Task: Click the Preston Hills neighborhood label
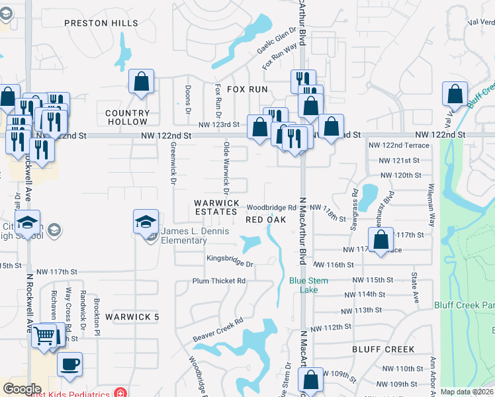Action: (111, 23)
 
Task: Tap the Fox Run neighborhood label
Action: (247, 89)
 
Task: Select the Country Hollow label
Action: (127, 118)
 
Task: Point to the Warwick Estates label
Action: (215, 207)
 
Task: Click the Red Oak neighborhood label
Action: (269, 220)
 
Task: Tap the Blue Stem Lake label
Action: (308, 285)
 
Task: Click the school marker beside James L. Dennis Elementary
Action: (146, 222)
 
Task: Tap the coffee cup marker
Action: (69, 363)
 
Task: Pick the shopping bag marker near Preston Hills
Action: (142, 82)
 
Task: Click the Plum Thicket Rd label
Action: (219, 281)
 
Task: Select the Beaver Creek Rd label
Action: (218, 329)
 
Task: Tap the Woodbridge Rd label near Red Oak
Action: (271, 206)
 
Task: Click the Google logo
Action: (22, 389)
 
